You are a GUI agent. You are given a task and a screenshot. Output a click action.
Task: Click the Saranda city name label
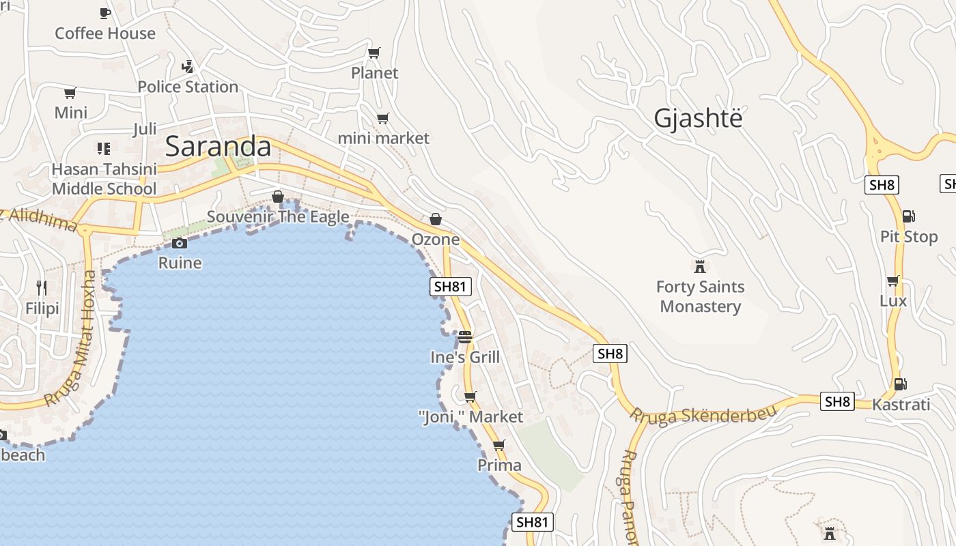pyautogui.click(x=218, y=146)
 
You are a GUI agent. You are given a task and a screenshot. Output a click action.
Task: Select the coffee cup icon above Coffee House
pyautogui.click(x=105, y=13)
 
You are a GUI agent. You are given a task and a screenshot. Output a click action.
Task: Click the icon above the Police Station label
pyautogui.click(x=188, y=67)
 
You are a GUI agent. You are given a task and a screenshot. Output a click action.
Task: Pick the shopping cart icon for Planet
pyautogui.click(x=374, y=53)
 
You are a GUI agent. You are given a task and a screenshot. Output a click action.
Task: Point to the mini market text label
pyautogui.click(x=384, y=138)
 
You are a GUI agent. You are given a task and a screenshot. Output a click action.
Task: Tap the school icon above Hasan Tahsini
pyautogui.click(x=104, y=148)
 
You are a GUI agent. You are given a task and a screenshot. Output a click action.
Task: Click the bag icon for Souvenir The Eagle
pyautogui.click(x=278, y=197)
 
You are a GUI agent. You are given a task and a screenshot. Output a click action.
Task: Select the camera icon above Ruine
pyautogui.click(x=180, y=243)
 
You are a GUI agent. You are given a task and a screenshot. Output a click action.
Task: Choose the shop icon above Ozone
pyautogui.click(x=436, y=219)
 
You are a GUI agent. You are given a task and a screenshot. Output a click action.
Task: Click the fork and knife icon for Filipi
pyautogui.click(x=42, y=288)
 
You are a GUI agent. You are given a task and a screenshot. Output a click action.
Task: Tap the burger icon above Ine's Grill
pyautogui.click(x=465, y=337)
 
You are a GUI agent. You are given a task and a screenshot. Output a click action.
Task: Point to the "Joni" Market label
pyautogui.click(x=470, y=416)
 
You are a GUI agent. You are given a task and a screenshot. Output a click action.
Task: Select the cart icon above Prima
pyautogui.click(x=499, y=446)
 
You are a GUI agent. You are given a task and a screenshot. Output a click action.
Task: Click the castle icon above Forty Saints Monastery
pyautogui.click(x=700, y=266)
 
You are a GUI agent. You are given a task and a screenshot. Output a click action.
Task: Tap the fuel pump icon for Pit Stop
pyautogui.click(x=908, y=216)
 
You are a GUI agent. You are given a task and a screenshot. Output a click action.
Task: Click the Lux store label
pyautogui.click(x=893, y=301)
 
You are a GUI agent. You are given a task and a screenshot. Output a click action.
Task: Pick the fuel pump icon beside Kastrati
pyautogui.click(x=901, y=384)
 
